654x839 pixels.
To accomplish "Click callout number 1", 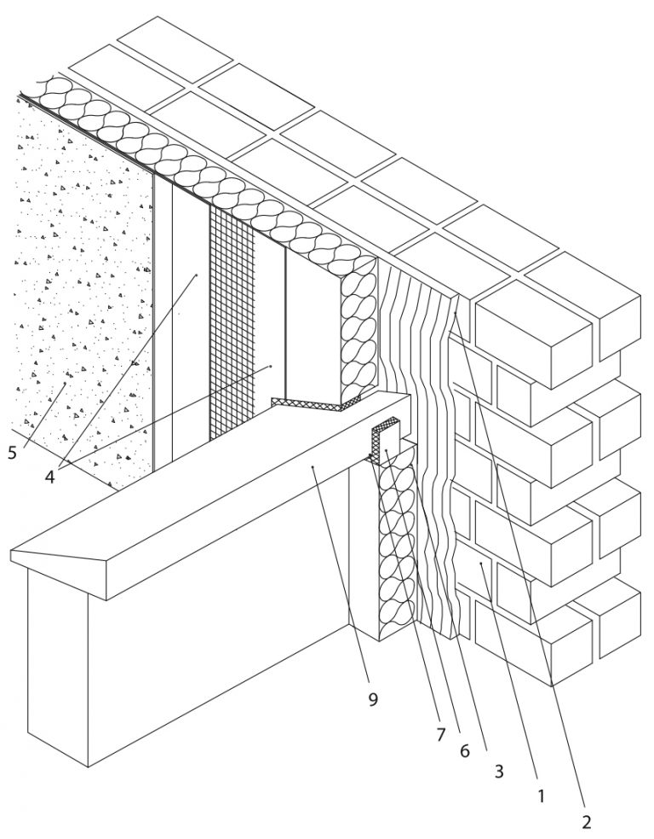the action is (x=541, y=796).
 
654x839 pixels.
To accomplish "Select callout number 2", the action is (x=586, y=821).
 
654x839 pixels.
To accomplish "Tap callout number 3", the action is (x=499, y=771).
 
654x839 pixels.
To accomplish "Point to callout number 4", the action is (x=49, y=477).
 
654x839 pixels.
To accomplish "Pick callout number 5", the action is (x=12, y=453).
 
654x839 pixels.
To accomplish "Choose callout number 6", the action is (x=465, y=750).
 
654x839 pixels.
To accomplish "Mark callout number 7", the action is (x=440, y=735).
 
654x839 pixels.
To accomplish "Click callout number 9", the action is (x=373, y=699).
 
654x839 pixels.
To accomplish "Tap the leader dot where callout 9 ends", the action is (x=313, y=467).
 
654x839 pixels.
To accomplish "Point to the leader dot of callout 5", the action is (x=66, y=383).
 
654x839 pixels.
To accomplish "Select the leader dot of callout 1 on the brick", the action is (x=481, y=563).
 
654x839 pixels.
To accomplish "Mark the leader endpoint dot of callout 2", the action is (x=455, y=313).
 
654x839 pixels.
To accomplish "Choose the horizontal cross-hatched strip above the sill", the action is (x=315, y=404).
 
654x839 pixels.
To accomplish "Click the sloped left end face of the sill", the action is (x=59, y=557).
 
